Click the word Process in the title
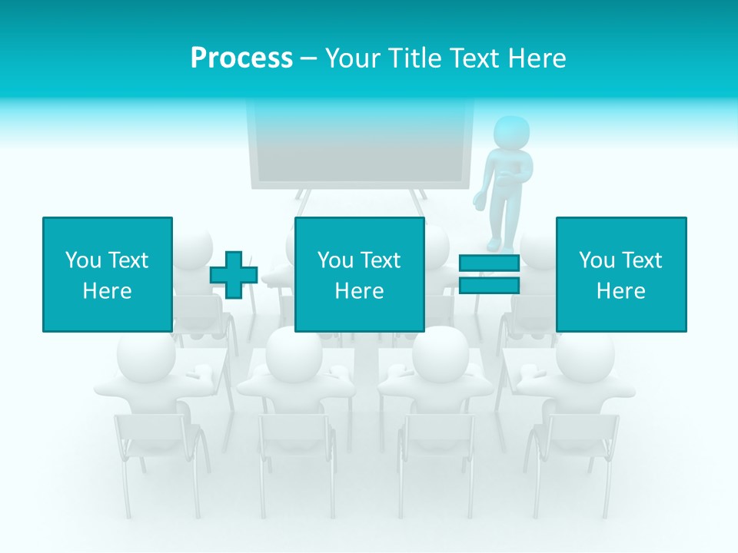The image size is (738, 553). click(x=241, y=58)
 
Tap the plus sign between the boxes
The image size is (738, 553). click(x=234, y=275)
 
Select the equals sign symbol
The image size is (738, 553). click(x=490, y=275)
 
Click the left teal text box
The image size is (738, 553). click(x=107, y=274)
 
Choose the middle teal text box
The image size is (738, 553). click(x=359, y=274)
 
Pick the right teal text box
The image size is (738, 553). click(x=620, y=274)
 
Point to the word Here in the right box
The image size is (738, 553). click(x=620, y=291)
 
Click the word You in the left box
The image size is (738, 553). click(x=82, y=260)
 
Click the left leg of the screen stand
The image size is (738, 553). click(x=303, y=203)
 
